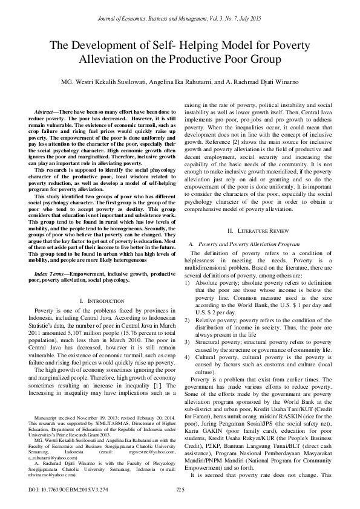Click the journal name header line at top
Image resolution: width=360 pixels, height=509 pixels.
180,20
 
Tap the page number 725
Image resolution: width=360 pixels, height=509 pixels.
180,489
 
